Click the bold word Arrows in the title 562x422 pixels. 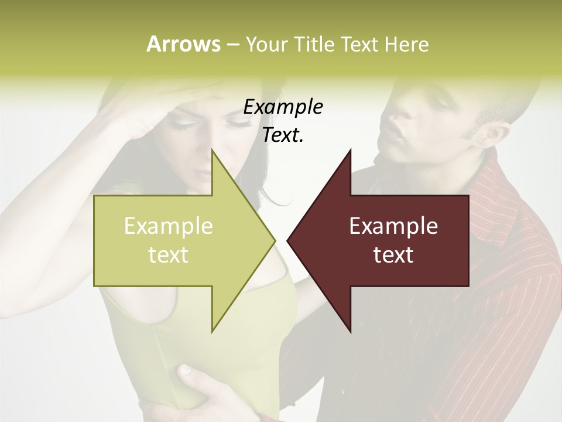(x=183, y=44)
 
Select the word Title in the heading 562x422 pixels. (x=313, y=44)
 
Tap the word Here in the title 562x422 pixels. (x=407, y=44)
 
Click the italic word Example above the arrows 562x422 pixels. (x=283, y=107)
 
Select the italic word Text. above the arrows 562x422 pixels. (x=283, y=135)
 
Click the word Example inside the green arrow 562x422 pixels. (x=169, y=226)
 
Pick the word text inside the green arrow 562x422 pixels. (x=169, y=255)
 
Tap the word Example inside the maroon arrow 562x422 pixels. (x=393, y=226)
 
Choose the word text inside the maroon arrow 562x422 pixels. (x=393, y=255)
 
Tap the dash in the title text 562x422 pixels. (x=232, y=45)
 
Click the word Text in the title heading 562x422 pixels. (x=360, y=44)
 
